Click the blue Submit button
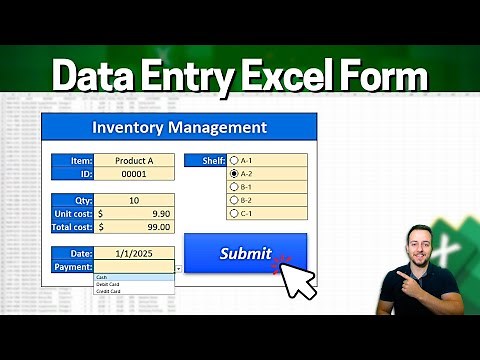(x=245, y=254)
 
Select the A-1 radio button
(x=234, y=159)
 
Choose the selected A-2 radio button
(x=234, y=173)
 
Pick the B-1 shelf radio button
(x=234, y=186)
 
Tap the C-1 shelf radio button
(x=234, y=212)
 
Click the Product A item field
(x=134, y=160)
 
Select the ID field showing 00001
(x=134, y=173)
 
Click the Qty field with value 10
(x=134, y=199)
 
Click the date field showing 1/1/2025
(x=134, y=254)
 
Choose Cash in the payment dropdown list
(x=103, y=277)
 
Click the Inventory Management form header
(x=179, y=127)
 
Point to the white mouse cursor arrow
(x=297, y=279)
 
